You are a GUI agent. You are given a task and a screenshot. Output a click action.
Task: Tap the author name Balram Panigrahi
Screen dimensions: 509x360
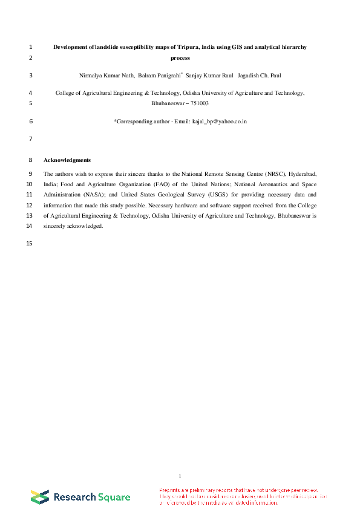point(160,76)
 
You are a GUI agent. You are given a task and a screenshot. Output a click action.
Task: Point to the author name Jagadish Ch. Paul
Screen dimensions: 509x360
point(259,76)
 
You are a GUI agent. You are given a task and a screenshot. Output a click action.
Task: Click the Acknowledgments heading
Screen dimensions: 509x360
point(67,160)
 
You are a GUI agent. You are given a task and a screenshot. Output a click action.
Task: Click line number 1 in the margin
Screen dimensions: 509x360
point(30,47)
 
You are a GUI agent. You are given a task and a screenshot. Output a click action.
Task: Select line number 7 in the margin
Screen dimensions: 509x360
point(30,139)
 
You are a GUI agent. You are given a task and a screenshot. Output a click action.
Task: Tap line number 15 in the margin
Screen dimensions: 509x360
point(29,244)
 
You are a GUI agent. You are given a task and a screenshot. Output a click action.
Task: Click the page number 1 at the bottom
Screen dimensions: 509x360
point(180,476)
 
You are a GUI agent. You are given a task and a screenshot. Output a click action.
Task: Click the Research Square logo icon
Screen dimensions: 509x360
point(40,497)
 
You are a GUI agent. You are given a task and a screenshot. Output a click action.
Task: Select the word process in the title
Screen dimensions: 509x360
point(180,58)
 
